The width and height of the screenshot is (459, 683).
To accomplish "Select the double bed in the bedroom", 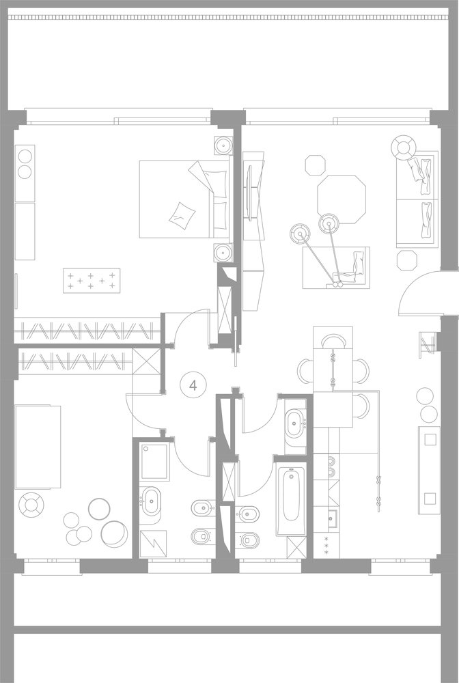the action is click(x=184, y=199).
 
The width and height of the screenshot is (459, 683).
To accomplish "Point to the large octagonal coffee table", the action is click(x=342, y=199).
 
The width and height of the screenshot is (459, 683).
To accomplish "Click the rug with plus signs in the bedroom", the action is click(x=92, y=281).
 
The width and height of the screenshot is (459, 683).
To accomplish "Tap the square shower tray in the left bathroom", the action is click(x=154, y=461).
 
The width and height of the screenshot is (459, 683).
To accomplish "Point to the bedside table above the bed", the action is click(x=223, y=145).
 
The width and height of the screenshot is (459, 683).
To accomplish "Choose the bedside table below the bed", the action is click(x=223, y=253).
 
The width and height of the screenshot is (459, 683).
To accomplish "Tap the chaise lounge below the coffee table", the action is click(x=336, y=268).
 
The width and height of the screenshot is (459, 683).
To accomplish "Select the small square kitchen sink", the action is click(x=333, y=518).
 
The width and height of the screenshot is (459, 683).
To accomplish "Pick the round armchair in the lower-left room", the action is click(x=31, y=505).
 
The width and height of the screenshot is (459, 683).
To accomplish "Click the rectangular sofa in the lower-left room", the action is click(x=38, y=447).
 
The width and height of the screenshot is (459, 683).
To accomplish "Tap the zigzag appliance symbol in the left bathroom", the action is click(x=153, y=544).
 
